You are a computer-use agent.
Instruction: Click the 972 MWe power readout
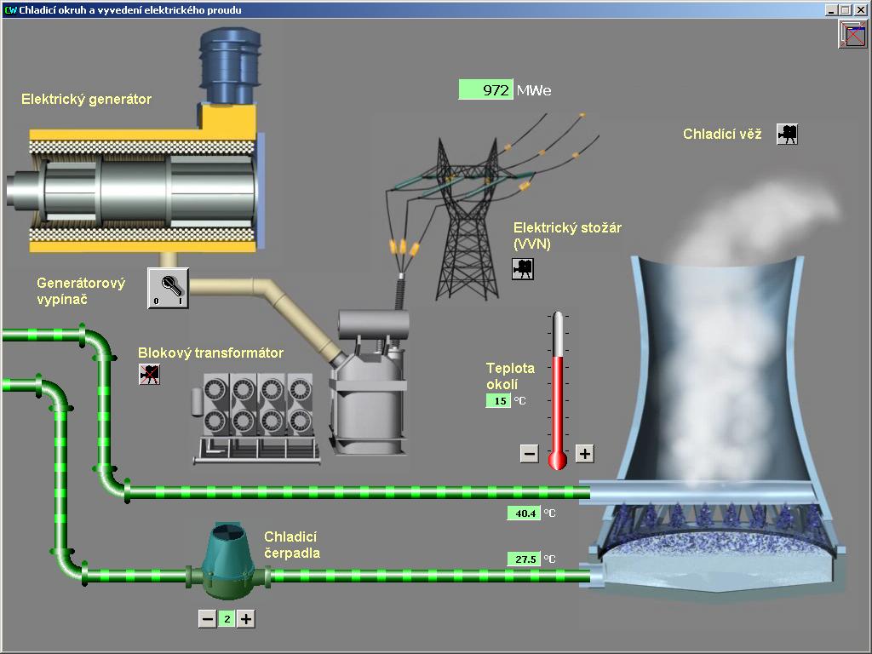point(486,89)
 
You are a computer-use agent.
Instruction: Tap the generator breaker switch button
point(168,288)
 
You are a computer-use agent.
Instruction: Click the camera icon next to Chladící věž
point(788,134)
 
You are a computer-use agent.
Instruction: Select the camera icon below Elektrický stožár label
point(522,268)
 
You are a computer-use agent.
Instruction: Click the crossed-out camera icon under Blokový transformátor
point(149,374)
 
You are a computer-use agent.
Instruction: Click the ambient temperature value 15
point(499,400)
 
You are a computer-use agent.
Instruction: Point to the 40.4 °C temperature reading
point(523,513)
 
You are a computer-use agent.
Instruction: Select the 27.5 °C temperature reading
point(523,559)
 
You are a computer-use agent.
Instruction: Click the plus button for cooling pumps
point(246,619)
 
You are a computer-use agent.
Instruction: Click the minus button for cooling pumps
point(207,619)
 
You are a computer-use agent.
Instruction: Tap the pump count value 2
point(227,619)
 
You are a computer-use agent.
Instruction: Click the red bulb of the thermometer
point(558,461)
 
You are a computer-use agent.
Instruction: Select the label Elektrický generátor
point(86,99)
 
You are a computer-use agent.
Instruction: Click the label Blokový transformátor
point(210,353)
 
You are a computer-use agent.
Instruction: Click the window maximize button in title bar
point(846,10)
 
